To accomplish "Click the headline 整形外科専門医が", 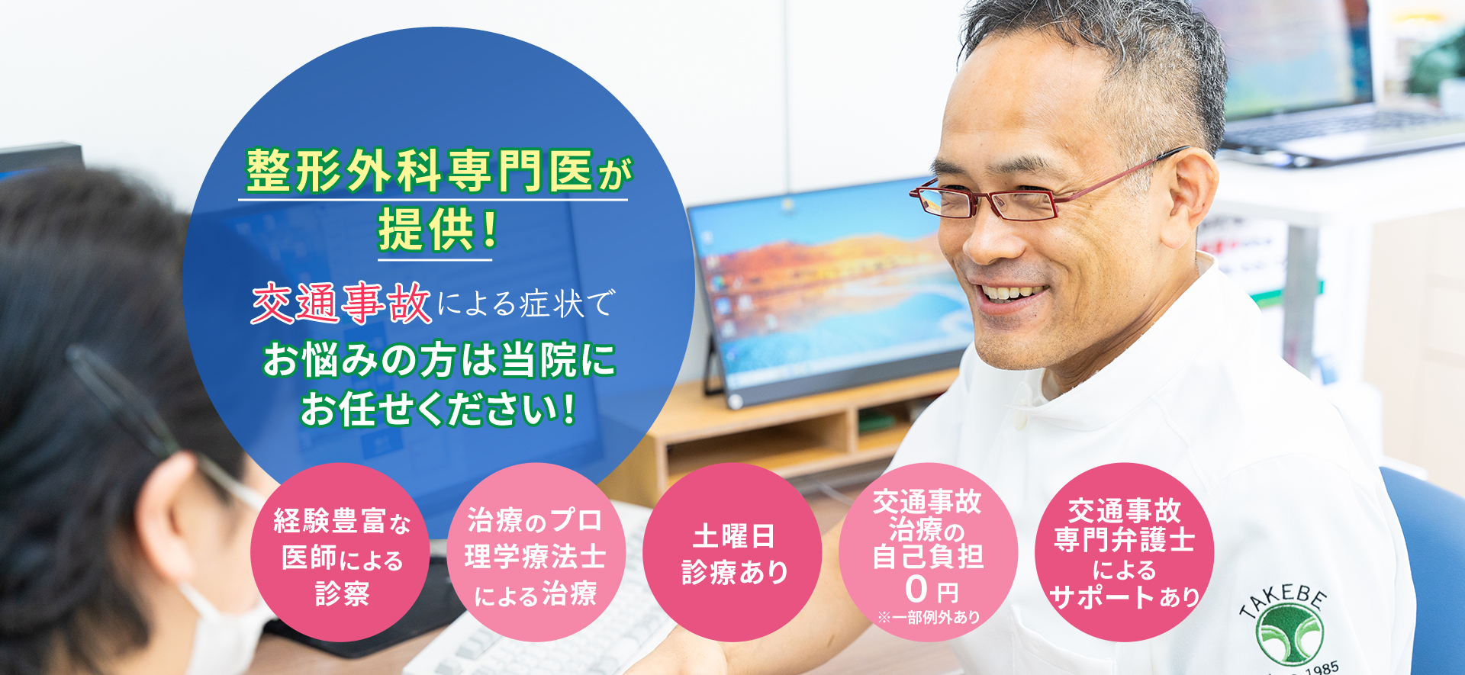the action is [438, 171].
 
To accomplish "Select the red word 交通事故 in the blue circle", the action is [341, 304].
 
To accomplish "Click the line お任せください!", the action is [438, 409].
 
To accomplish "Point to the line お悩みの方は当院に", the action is [439, 360].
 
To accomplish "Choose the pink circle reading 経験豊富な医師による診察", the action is [340, 552].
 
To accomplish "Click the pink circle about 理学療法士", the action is [536, 552].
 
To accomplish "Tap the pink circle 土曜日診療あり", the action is [732, 552].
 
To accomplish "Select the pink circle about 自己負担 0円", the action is [928, 552].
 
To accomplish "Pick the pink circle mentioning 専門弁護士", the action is [1124, 552].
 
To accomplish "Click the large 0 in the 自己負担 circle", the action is [916, 589].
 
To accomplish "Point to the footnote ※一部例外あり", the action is [929, 617].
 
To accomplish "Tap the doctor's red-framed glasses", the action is [1038, 191].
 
